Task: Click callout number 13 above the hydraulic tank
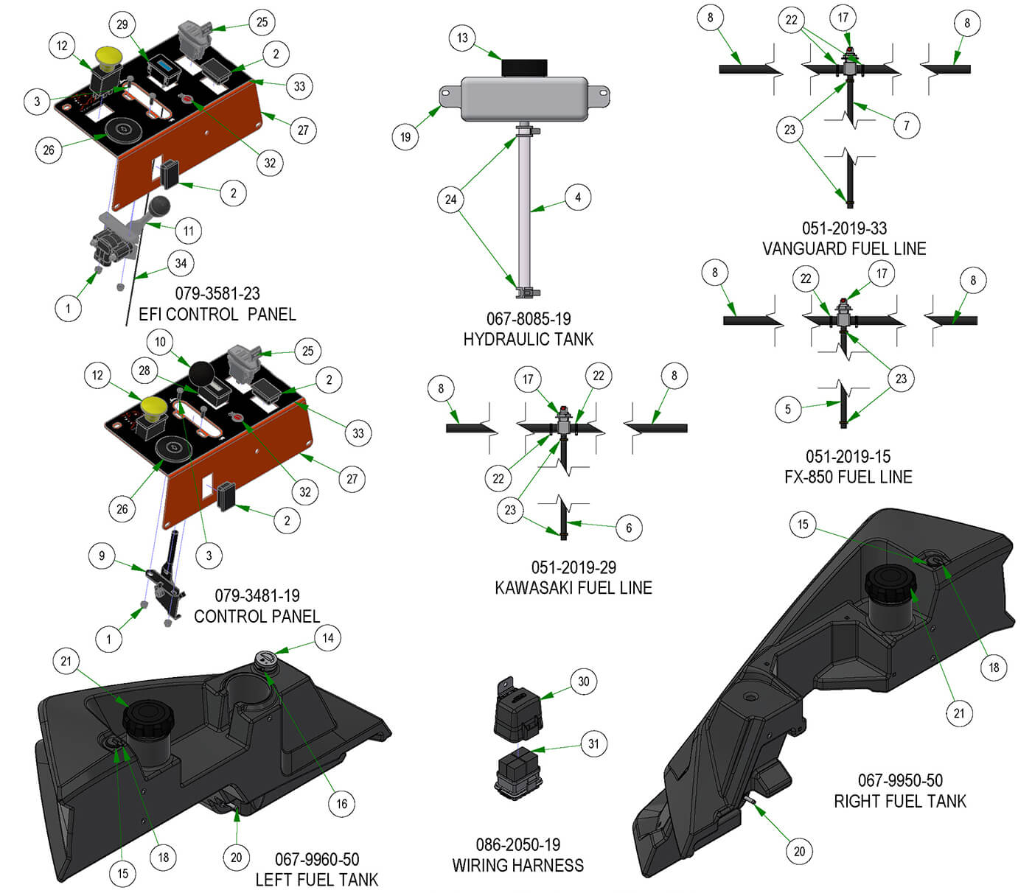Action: click(x=462, y=38)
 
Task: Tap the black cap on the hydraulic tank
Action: click(x=524, y=67)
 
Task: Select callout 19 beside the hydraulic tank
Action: click(x=405, y=136)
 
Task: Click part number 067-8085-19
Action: click(x=528, y=319)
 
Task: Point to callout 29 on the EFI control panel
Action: click(x=122, y=24)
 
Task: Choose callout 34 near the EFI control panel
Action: click(x=181, y=263)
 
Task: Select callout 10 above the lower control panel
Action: click(x=161, y=341)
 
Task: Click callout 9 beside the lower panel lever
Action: click(x=102, y=556)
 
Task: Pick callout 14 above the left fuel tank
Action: click(x=328, y=638)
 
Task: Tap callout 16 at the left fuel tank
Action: click(x=341, y=803)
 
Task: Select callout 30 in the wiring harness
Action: click(x=584, y=682)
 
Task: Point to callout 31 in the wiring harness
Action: click(x=593, y=743)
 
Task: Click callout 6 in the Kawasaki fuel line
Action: click(x=629, y=528)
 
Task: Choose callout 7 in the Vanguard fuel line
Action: click(x=907, y=125)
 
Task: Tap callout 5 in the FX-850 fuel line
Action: click(x=788, y=409)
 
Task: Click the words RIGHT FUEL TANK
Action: click(x=899, y=801)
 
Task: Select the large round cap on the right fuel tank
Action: click(x=890, y=581)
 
